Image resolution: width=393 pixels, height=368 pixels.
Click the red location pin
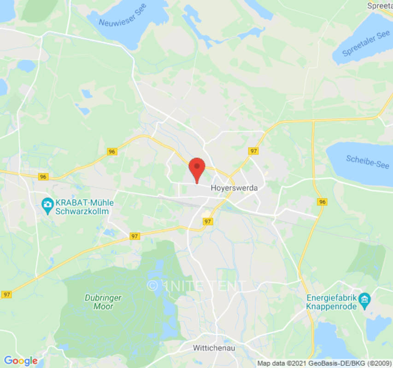[197, 168]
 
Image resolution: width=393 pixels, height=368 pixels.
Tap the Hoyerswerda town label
[234, 188]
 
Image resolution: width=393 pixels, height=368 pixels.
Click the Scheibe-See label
[368, 162]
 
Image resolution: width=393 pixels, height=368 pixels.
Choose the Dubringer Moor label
[103, 302]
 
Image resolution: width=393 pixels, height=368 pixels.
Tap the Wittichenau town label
[214, 348]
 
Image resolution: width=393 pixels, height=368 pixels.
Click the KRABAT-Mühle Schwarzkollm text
[82, 207]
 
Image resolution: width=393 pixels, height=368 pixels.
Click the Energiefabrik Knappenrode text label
[332, 301]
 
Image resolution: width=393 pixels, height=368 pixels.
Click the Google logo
[20, 361]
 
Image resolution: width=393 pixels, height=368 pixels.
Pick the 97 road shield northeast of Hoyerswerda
[253, 151]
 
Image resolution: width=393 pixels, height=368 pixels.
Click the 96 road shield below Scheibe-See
[322, 202]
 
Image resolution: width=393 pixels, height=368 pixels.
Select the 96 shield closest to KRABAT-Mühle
[43, 177]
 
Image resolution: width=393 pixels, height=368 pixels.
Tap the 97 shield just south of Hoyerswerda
[208, 221]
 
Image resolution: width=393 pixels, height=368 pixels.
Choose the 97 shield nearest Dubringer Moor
[134, 236]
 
